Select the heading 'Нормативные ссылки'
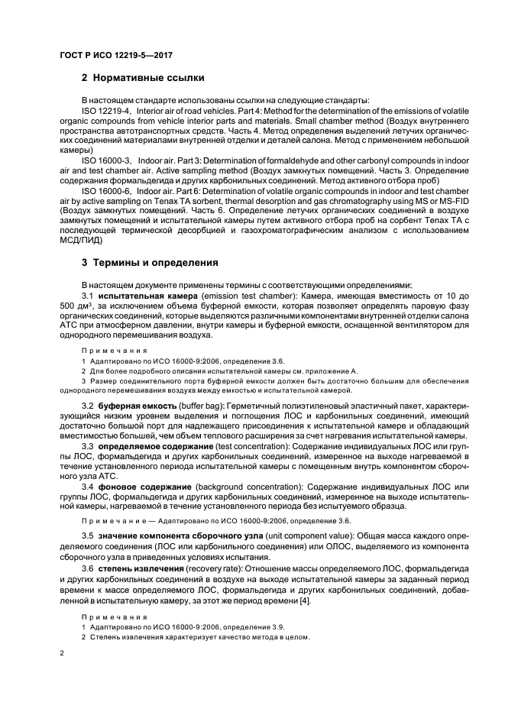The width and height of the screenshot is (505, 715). [x=151, y=79]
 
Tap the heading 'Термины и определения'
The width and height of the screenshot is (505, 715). [x=156, y=263]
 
